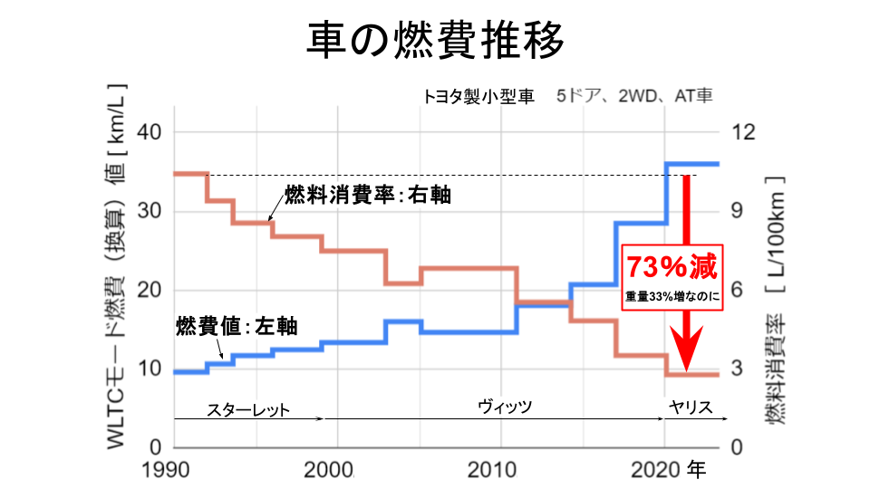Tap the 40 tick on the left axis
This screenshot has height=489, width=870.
150,133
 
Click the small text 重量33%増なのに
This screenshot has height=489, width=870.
672,295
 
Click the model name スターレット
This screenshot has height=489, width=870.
247,409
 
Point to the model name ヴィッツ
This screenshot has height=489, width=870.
505,407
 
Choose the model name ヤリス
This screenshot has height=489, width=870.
691,407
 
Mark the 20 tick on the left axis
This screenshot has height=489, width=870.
150,291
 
